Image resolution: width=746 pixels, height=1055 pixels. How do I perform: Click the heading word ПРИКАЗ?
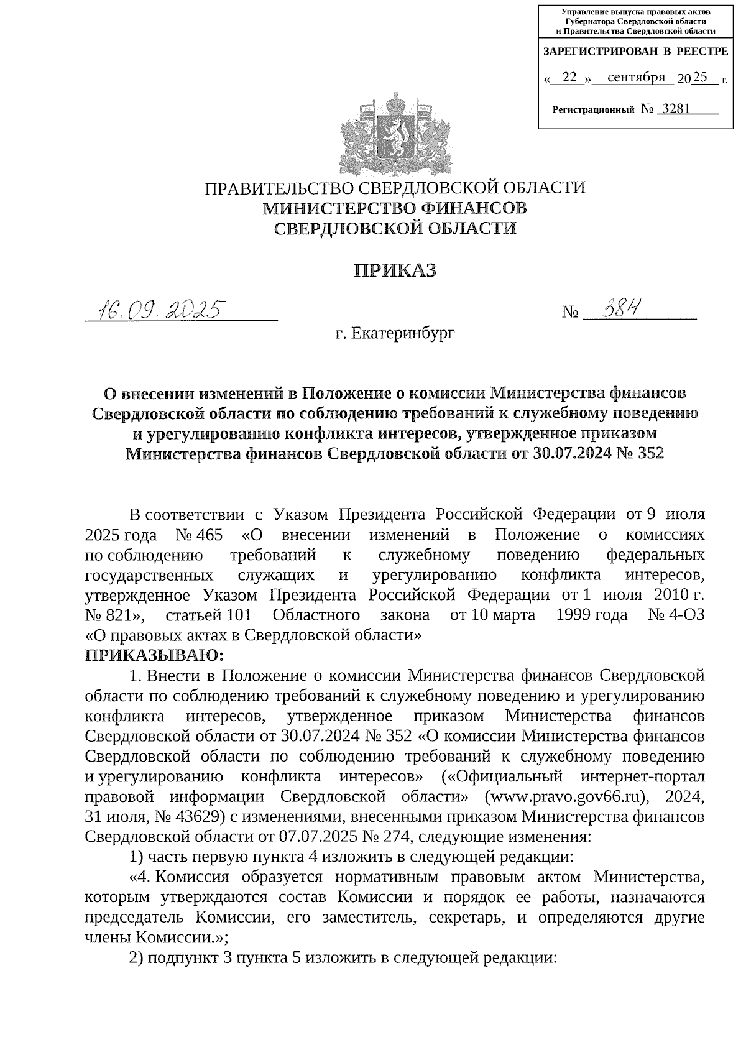(395, 271)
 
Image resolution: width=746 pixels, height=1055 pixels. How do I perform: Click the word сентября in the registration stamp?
(636, 78)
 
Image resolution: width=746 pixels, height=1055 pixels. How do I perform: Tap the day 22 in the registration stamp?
(568, 78)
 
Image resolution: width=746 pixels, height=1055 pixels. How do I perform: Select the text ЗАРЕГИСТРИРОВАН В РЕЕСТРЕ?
(635, 52)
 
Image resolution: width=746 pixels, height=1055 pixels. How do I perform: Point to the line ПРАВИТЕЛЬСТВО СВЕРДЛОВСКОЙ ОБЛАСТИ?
(395, 188)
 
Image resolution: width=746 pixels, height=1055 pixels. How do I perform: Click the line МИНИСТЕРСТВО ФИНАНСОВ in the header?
(395, 208)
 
